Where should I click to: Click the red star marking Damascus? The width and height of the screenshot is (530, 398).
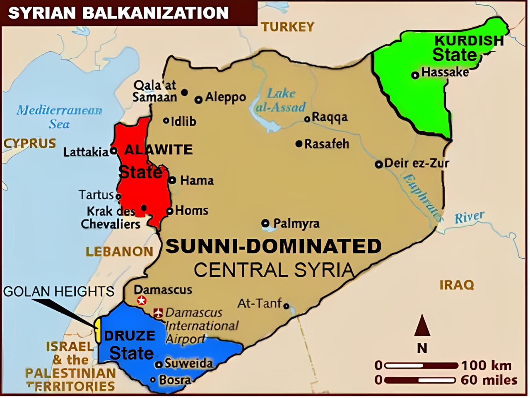pyautogui.click(x=142, y=300)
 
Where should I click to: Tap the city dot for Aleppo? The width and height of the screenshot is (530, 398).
pyautogui.click(x=199, y=99)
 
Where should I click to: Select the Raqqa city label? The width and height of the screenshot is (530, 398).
pyautogui.click(x=330, y=117)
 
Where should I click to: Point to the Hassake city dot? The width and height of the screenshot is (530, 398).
pyautogui.click(x=415, y=75)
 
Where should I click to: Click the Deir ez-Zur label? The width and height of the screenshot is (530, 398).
pyautogui.click(x=417, y=163)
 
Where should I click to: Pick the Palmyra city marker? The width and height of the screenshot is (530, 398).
pyautogui.click(x=265, y=223)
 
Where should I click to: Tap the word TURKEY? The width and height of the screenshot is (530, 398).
pyautogui.click(x=288, y=27)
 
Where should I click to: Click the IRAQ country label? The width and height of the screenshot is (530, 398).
pyautogui.click(x=456, y=285)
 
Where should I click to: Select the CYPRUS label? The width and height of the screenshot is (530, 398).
pyautogui.click(x=29, y=144)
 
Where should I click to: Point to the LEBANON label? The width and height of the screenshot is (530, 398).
pyautogui.click(x=119, y=252)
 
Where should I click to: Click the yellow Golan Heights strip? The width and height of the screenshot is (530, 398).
pyautogui.click(x=98, y=330)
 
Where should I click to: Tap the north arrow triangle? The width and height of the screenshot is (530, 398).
pyautogui.click(x=422, y=325)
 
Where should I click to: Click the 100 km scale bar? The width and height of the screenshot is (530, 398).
pyautogui.click(x=422, y=366)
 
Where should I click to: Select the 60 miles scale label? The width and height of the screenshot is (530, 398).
pyautogui.click(x=489, y=380)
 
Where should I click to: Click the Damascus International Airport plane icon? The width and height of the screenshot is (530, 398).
pyautogui.click(x=158, y=313)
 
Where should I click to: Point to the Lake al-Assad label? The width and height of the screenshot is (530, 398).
pyautogui.click(x=281, y=101)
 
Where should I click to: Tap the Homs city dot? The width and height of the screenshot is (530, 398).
pyautogui.click(x=170, y=211)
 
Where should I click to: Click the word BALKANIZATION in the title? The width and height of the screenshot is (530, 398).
pyautogui.click(x=155, y=13)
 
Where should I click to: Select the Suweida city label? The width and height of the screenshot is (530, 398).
pyautogui.click(x=189, y=363)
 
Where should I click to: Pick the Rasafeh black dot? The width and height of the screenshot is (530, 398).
pyautogui.click(x=299, y=144)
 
